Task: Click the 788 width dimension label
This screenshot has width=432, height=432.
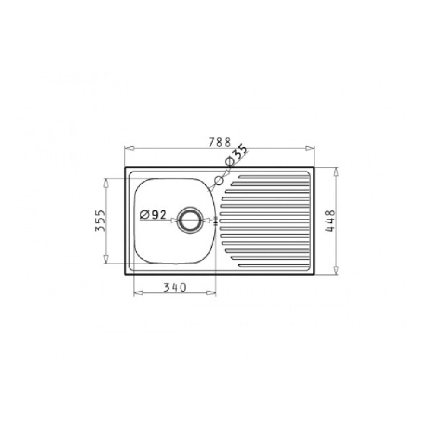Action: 219,142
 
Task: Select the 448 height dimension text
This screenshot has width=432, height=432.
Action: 330,221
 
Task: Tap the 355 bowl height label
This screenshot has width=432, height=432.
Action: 100,221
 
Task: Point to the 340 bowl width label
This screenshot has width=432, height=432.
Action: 175,287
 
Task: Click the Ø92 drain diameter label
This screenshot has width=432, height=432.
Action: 153,215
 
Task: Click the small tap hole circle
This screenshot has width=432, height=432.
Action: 219,181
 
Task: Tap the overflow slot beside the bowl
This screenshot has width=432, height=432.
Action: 216,220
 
